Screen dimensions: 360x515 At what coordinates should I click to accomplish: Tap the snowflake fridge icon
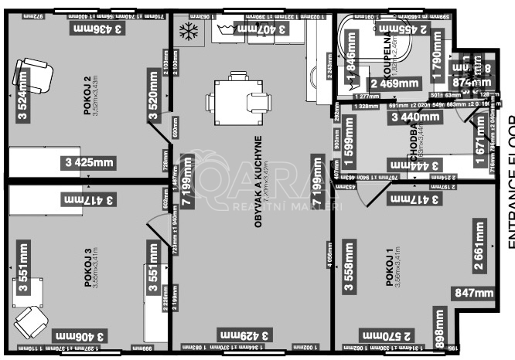coord(187,32)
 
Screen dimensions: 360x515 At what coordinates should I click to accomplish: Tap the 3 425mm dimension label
coord(90,162)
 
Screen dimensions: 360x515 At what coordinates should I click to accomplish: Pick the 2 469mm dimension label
coord(395,83)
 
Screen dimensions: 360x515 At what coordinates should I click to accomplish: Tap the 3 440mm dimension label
coord(415,117)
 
